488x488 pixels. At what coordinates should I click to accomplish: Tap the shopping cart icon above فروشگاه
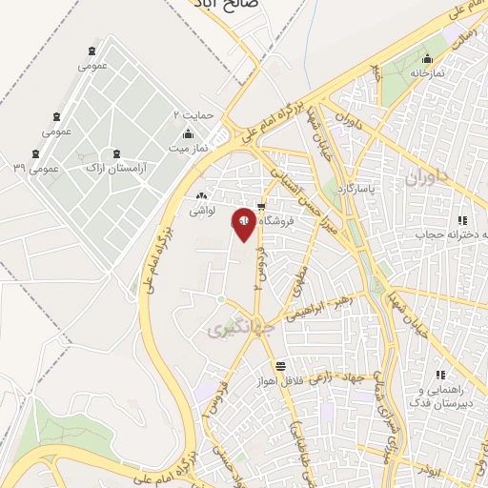[260, 204]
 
